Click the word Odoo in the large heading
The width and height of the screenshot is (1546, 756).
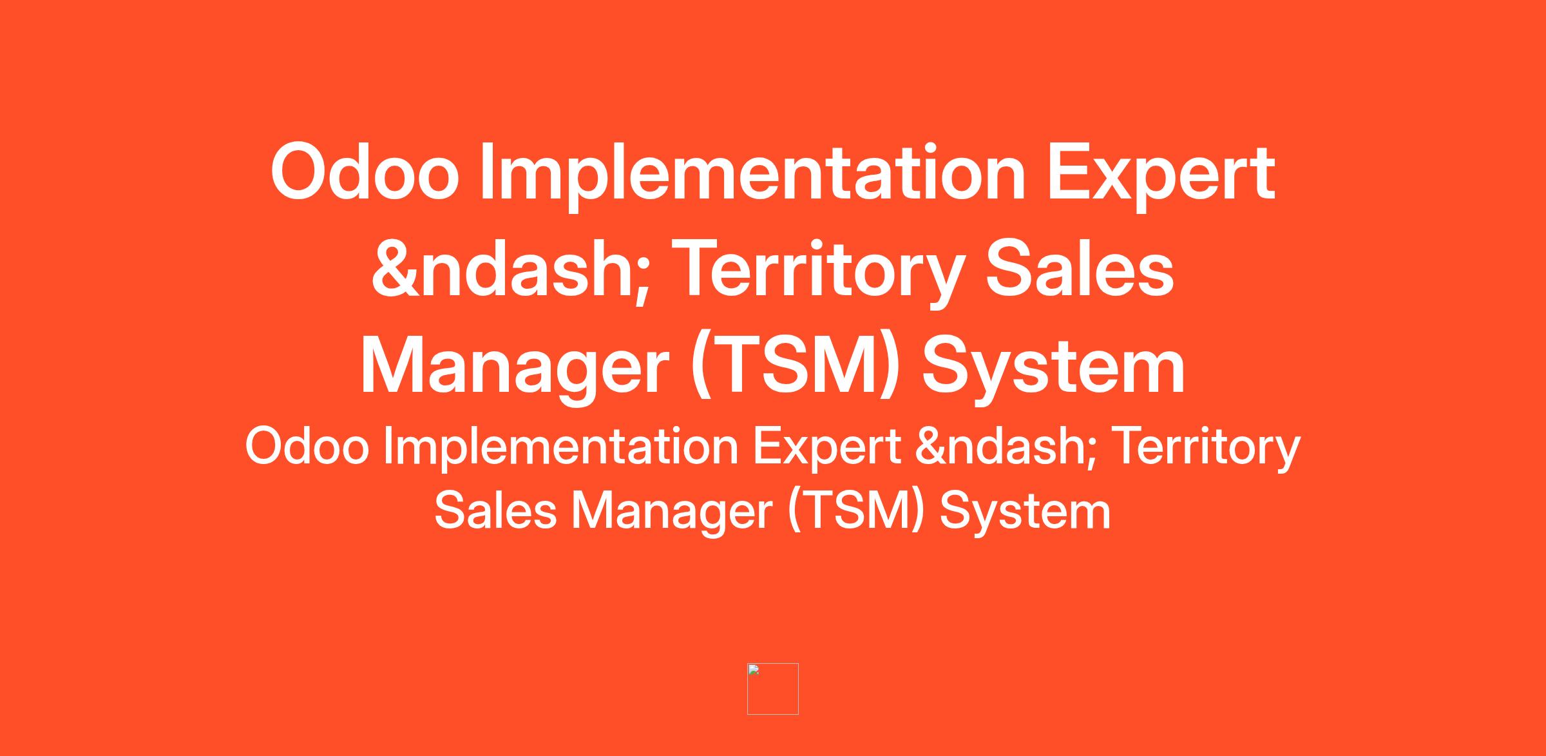[365, 172]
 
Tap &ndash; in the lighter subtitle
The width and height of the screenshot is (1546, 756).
[1005, 447]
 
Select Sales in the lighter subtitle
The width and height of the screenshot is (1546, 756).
[495, 511]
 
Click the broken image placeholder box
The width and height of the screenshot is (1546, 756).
[773, 689]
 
